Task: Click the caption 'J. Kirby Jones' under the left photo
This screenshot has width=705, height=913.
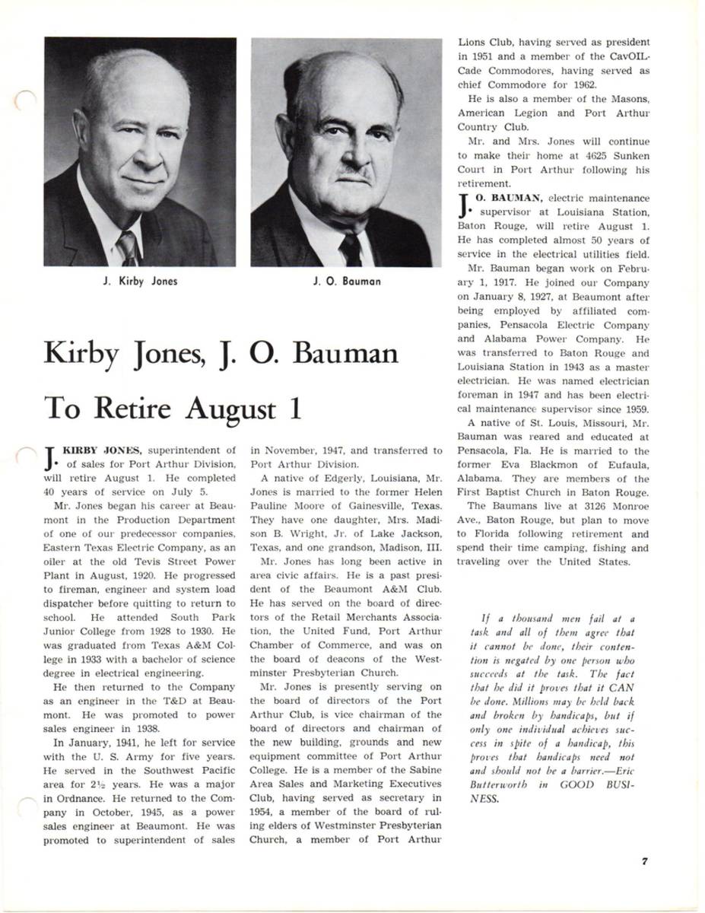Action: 140,282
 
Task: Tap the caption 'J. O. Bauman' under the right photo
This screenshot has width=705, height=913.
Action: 347,282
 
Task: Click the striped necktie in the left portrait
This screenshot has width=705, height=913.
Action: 127,247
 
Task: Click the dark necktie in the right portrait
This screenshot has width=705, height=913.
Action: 351,250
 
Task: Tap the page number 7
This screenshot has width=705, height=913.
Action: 644,861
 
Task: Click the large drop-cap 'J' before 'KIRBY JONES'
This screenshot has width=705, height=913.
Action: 50,458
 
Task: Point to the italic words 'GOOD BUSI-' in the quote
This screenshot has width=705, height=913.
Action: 595,784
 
